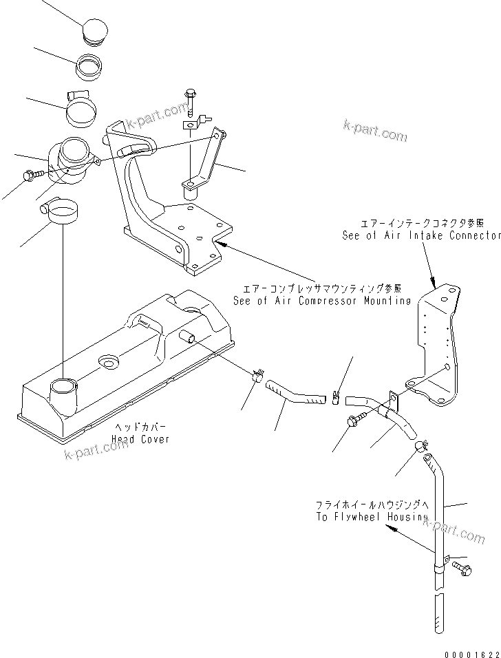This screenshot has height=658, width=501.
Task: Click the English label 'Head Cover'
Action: point(143,438)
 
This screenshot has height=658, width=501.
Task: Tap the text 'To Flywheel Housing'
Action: point(372,517)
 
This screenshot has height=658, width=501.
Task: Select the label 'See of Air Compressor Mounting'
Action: point(321,300)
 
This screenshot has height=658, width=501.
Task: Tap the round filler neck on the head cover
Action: point(63,394)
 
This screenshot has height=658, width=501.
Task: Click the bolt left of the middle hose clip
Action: point(356,419)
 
